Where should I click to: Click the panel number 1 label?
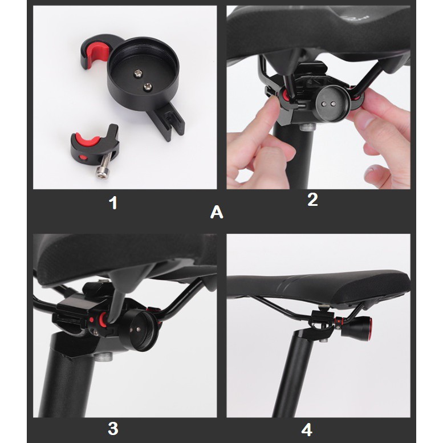(113, 202)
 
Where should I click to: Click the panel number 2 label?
(312, 200)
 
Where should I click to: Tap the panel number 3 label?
(113, 429)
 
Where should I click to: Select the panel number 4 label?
(307, 429)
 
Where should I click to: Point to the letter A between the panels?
(217, 212)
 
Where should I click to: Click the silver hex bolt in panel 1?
(103, 166)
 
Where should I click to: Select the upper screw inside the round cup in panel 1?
(138, 74)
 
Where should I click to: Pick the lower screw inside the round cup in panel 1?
(147, 87)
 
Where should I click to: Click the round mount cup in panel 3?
(139, 330)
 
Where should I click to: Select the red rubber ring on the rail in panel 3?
(101, 320)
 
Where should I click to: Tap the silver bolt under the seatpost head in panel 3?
(103, 357)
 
